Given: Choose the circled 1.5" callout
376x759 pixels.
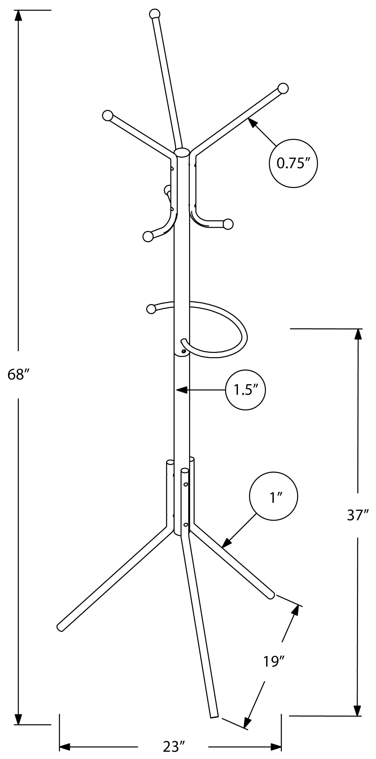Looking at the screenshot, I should pos(245,390).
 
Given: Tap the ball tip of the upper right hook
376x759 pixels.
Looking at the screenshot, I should pos(283,88).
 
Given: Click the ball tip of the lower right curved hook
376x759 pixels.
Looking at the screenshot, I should pos(228,224).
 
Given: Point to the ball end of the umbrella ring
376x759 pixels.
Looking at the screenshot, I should pos(151,309).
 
